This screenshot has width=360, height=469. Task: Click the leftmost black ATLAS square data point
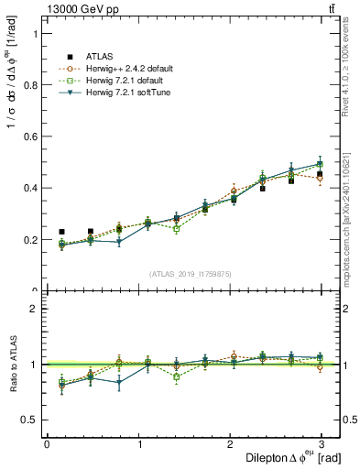pyautogui.click(x=61, y=232)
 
